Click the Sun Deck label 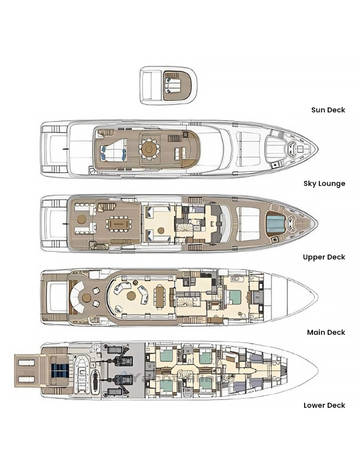click(x=328, y=110)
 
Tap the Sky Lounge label click(x=324, y=184)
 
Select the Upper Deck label click(x=324, y=257)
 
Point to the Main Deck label click(x=326, y=332)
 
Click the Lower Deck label click(x=324, y=405)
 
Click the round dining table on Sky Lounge click(x=149, y=149)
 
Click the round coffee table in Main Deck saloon click(x=131, y=296)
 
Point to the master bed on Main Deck click(x=234, y=297)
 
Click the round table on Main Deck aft click(x=86, y=298)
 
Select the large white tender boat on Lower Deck click(x=81, y=374)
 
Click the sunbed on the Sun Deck click(x=173, y=85)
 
